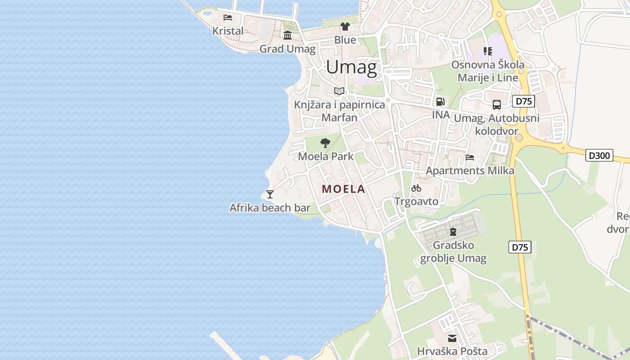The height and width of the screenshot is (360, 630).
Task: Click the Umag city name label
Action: [x=351, y=67]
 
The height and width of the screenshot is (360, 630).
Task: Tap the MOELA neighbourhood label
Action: [x=343, y=189]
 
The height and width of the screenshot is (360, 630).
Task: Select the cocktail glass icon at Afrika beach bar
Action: [x=270, y=194]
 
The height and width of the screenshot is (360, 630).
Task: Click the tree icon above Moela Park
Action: [x=325, y=144]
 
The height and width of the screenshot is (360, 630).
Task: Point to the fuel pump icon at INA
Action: [x=441, y=102]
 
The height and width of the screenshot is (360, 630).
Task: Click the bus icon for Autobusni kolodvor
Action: [x=497, y=105]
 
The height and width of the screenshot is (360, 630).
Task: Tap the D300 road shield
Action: [x=599, y=156]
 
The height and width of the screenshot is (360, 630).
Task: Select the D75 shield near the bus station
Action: [x=524, y=101]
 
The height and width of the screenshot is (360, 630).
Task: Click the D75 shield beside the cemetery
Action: [x=520, y=247]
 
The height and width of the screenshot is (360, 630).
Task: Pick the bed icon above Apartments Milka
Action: [x=470, y=157]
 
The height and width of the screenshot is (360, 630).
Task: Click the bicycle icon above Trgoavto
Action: [x=416, y=188]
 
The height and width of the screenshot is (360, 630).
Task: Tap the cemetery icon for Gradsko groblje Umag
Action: [x=453, y=232]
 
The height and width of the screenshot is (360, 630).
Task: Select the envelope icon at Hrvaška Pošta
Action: [x=452, y=338]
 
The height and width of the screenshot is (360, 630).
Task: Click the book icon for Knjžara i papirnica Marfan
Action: [x=339, y=91]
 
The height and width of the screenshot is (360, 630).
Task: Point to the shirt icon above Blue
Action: [x=345, y=27]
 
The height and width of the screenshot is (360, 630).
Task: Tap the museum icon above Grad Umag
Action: [x=288, y=36]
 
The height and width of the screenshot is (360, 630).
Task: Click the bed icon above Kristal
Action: [x=228, y=18]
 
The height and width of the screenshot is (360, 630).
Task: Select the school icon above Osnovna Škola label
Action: [x=488, y=51]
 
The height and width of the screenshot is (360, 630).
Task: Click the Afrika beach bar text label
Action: [x=270, y=208]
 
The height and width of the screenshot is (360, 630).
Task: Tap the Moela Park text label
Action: [x=326, y=157]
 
